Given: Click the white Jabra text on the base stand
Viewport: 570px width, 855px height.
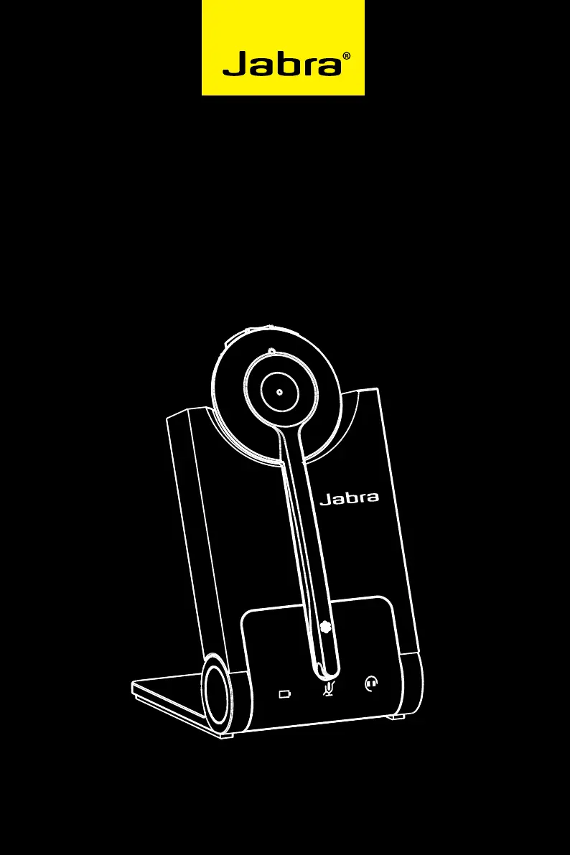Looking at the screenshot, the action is (349, 497).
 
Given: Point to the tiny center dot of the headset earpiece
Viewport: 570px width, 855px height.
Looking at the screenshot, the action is (278, 393).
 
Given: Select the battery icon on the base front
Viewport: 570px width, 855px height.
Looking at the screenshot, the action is (285, 693).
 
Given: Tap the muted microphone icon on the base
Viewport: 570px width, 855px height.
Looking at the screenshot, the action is (329, 689).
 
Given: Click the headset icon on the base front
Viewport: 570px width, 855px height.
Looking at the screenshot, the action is (371, 683).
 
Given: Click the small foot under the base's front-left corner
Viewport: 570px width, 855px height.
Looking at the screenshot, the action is (225, 734).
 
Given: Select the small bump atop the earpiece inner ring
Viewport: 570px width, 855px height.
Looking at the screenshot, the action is (271, 352).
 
